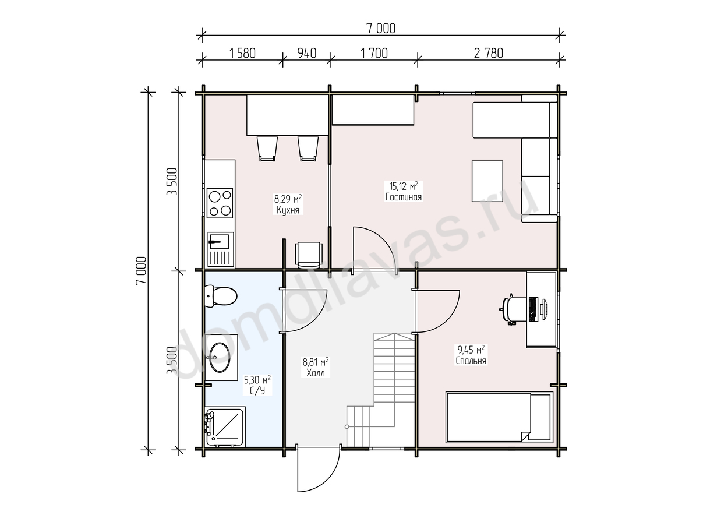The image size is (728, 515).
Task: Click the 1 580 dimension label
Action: (x=242, y=54)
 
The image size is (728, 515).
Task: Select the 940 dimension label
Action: (x=306, y=54)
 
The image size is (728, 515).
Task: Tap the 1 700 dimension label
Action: (x=374, y=54)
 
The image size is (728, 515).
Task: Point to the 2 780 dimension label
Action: (x=489, y=54)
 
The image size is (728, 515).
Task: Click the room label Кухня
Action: (x=288, y=210)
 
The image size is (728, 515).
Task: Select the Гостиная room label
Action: (x=404, y=197)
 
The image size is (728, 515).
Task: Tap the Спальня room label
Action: (x=471, y=361)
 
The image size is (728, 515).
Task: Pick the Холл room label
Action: (x=316, y=373)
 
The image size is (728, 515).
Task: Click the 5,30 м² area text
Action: (x=257, y=380)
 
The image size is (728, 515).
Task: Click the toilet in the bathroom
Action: (x=221, y=296)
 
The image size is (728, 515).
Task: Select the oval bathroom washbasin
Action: (x=220, y=357)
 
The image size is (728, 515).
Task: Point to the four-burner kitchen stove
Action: (x=220, y=203)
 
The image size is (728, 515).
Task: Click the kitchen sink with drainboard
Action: (x=221, y=249)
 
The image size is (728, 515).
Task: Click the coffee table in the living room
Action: (x=487, y=181)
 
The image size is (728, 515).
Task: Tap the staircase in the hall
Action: (x=380, y=390)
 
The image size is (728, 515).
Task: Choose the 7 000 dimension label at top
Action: (x=381, y=29)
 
